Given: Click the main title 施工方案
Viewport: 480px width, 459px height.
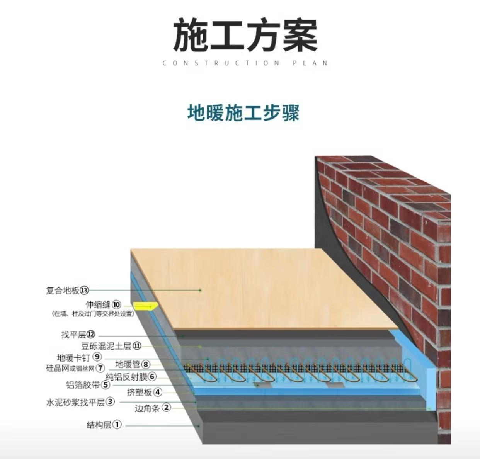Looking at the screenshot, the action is coord(245,36).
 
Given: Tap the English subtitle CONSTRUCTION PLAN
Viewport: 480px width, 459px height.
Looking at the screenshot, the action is coord(245,63).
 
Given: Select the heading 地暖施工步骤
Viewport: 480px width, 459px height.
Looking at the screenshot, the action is coord(243,112).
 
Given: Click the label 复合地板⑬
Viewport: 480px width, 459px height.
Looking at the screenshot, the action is coord(67,290).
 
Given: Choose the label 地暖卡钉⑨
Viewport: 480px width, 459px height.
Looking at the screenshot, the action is coord(79,357).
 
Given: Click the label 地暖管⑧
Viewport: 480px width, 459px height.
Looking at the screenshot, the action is coord(133,364).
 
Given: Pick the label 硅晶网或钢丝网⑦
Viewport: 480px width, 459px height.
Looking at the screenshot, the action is coord(75,368).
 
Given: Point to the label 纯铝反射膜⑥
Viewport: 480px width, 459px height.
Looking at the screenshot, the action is coord(131,376).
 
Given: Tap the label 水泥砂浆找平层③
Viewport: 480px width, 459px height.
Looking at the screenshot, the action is coord(80,402).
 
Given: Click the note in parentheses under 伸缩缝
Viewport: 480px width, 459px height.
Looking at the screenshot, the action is coord(93,314).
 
